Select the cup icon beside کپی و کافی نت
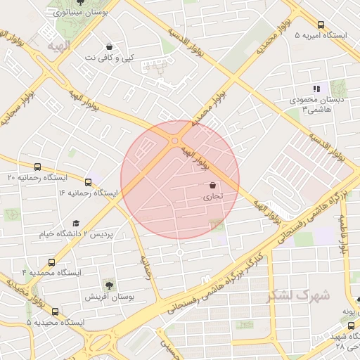[x=109, y=46]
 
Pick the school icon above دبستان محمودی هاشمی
[x=317, y=89]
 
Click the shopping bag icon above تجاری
[x=212, y=186]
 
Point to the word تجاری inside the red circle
[x=212, y=198]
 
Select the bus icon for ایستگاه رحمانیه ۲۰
[x=37, y=167]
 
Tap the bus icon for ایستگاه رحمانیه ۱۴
[x=88, y=181]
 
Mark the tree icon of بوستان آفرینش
[x=109, y=285]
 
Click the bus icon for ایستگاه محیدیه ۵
[x=55, y=311]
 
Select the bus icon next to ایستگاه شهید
[x=352, y=326]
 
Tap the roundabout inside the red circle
[x=174, y=141]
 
